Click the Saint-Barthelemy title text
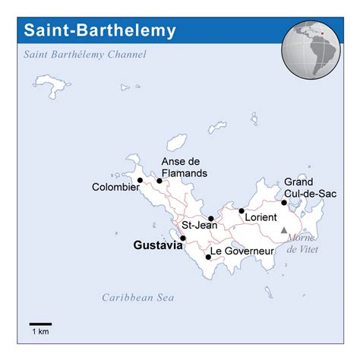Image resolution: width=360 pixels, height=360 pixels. tap(100, 31)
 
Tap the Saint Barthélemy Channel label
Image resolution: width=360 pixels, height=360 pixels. tap(84, 55)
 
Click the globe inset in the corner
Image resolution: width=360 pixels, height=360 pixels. tap(313, 42)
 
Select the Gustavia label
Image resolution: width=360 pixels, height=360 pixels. tap(156, 245)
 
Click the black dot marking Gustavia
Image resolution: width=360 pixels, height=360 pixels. tap(182, 238)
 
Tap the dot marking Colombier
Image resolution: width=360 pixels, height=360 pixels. tap(140, 180)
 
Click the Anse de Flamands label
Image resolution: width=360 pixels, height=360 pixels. tap(184, 167)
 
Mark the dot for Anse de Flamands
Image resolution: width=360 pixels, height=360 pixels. tap(159, 181)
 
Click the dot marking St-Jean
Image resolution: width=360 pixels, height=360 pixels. tap(211, 219)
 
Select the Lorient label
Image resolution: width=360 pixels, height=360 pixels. tap(261, 217)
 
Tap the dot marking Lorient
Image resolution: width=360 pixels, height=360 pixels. tap(242, 210)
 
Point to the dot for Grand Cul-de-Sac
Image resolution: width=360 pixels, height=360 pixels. tap(284, 203)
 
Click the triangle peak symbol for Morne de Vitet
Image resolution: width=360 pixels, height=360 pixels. tap(284, 229)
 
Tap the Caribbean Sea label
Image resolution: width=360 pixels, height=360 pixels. tap(138, 298)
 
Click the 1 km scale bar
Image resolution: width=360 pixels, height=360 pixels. tap(40, 324)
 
